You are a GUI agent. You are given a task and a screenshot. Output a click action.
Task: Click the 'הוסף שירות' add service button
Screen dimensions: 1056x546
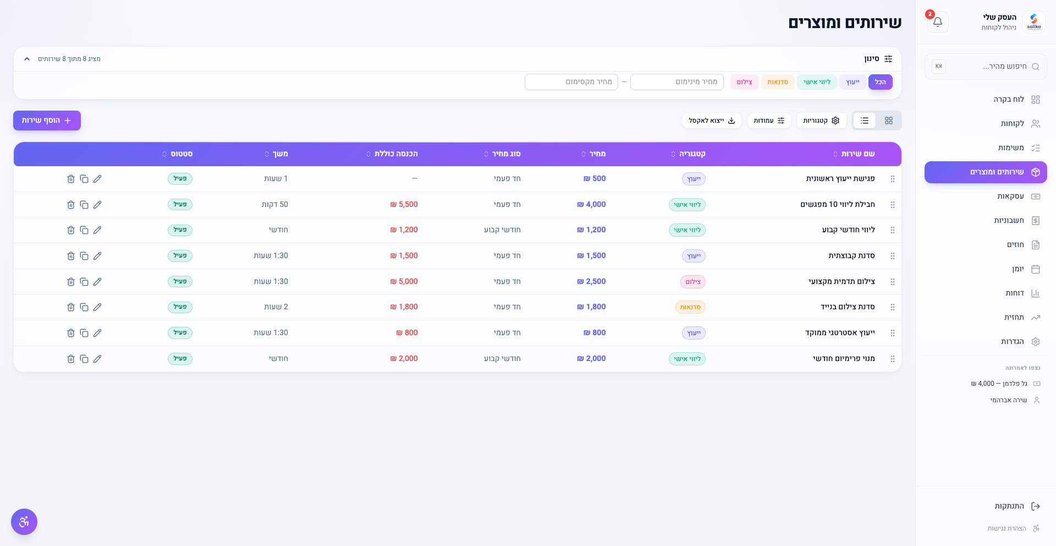click(47, 121)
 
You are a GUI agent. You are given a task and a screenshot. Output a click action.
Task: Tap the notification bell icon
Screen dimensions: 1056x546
click(938, 22)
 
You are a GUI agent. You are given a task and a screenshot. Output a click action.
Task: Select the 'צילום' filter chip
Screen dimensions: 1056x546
click(745, 82)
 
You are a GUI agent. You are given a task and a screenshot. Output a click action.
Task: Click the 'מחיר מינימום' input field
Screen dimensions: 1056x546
click(677, 82)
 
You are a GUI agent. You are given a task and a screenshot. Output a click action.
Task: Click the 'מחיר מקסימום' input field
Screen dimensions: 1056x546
click(571, 82)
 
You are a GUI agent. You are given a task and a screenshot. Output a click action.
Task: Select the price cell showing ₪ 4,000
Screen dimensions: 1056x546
click(592, 205)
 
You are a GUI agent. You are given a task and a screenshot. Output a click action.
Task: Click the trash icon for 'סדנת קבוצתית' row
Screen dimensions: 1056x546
click(71, 256)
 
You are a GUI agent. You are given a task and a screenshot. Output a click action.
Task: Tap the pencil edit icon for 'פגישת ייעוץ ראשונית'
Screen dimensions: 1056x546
click(97, 179)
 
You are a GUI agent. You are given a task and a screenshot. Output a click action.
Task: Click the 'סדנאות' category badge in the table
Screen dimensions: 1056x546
click(690, 307)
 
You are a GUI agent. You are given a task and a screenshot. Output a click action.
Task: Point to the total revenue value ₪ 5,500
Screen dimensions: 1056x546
click(404, 205)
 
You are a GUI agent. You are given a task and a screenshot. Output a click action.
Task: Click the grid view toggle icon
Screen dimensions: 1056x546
click(889, 121)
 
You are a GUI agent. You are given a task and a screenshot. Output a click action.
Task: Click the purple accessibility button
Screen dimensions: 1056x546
click(24, 522)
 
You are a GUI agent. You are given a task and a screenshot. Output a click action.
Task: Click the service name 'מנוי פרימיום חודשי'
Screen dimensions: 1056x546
click(844, 359)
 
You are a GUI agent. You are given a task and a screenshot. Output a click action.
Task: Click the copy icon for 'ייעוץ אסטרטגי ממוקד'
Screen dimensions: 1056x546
click(84, 333)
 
